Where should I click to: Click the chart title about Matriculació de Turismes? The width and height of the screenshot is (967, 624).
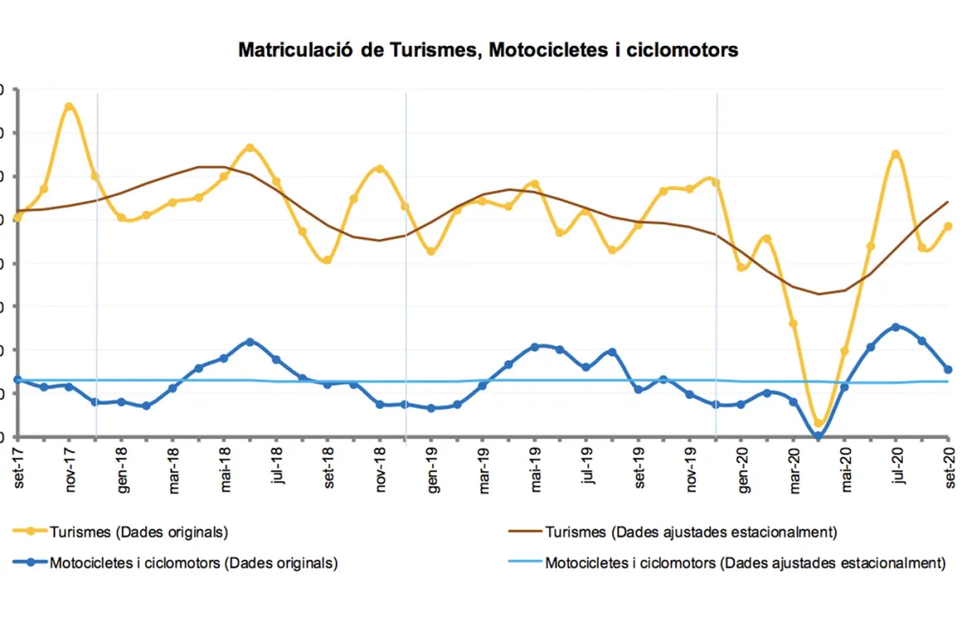point(488,50)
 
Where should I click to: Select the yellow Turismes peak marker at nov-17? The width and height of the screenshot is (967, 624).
point(69,107)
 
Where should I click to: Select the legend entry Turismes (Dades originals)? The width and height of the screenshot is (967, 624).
point(139,532)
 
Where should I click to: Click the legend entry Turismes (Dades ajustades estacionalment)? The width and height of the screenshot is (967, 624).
point(690,532)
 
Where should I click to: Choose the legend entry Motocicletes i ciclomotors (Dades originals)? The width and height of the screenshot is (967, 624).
point(193,562)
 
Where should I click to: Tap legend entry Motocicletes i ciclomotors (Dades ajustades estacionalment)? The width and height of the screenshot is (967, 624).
point(745,562)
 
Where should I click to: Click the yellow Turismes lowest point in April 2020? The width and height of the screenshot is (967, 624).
point(818,424)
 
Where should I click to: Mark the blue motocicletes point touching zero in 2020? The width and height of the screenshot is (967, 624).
point(818,436)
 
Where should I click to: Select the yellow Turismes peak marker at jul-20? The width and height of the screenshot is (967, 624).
point(896,155)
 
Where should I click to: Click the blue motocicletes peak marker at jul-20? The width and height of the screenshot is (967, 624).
point(896,327)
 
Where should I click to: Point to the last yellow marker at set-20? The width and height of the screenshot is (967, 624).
point(948,226)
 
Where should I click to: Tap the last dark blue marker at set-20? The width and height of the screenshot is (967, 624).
point(948,369)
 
